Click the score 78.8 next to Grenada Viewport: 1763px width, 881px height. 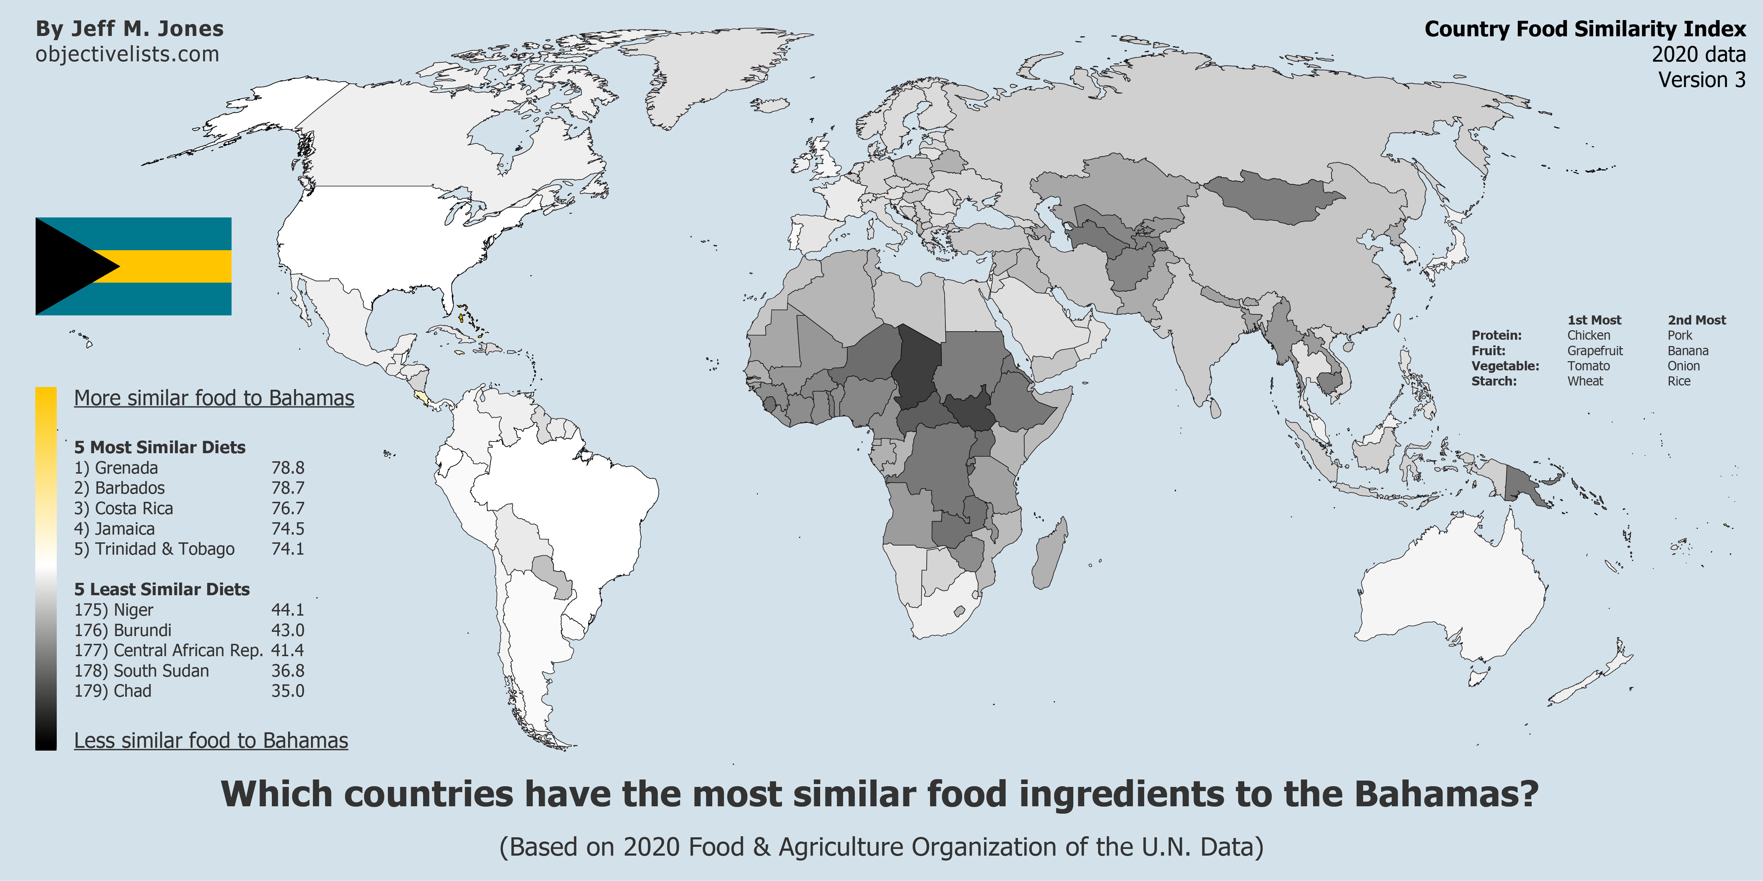click(287, 468)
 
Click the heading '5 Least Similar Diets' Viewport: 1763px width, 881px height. click(161, 589)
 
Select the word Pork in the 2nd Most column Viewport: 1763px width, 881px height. click(1679, 335)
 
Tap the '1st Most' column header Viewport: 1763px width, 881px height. click(1594, 320)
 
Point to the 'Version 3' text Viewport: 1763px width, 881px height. click(1701, 80)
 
